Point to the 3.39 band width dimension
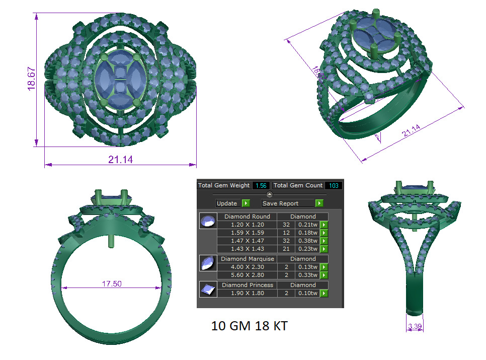[415, 327]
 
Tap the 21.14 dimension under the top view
[121, 160]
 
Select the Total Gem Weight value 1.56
[261, 185]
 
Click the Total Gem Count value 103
[333, 185]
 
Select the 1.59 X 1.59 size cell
[247, 233]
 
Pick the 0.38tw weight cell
[306, 241]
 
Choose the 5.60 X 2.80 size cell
[247, 275]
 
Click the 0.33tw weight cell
[306, 275]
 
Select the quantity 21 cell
[286, 249]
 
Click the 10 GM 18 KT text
[250, 326]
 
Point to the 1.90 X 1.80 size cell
[247, 293]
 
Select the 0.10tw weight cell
[306, 293]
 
